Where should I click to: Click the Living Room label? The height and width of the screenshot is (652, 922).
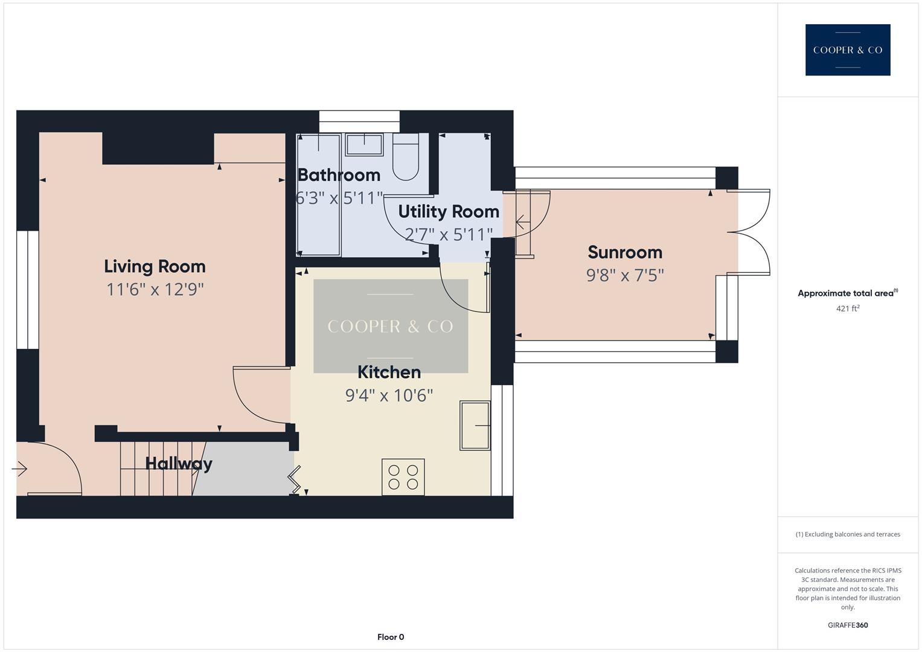pyautogui.click(x=155, y=266)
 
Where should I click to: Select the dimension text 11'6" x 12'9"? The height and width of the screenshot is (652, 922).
pyautogui.click(x=155, y=290)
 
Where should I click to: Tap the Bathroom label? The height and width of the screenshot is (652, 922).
pyautogui.click(x=339, y=175)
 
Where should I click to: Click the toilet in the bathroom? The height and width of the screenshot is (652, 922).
pyautogui.click(x=406, y=157)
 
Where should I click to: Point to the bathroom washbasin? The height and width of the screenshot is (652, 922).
pyautogui.click(x=363, y=145)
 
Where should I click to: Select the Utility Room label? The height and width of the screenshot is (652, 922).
pyautogui.click(x=449, y=212)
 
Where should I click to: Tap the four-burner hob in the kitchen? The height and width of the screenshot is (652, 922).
pyautogui.click(x=403, y=477)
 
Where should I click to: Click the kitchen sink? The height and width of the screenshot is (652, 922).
pyautogui.click(x=475, y=426)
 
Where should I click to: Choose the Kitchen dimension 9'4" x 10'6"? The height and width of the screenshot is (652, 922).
pyautogui.click(x=389, y=395)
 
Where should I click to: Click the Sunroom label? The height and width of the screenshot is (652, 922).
pyautogui.click(x=625, y=252)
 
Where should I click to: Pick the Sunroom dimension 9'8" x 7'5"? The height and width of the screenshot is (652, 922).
pyautogui.click(x=625, y=275)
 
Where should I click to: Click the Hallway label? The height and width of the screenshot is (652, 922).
pyautogui.click(x=179, y=464)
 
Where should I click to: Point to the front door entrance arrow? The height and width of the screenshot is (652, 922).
pyautogui.click(x=20, y=468)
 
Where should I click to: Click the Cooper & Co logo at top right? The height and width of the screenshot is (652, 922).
pyautogui.click(x=847, y=50)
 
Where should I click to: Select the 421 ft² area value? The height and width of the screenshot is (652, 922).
pyautogui.click(x=847, y=308)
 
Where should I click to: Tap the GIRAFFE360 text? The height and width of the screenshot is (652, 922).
pyautogui.click(x=847, y=625)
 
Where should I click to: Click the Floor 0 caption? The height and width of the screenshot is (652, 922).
pyautogui.click(x=391, y=637)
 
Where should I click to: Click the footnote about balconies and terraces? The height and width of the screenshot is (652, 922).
pyautogui.click(x=847, y=534)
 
